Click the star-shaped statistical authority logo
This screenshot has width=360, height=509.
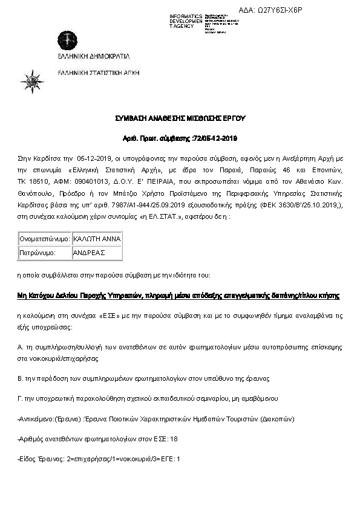click(31, 81)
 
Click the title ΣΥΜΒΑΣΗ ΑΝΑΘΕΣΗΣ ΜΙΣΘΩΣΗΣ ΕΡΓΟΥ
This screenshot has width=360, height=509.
click(180, 117)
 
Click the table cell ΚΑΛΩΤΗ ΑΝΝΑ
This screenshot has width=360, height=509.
click(97, 239)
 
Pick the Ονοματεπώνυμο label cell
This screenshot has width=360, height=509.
click(45, 239)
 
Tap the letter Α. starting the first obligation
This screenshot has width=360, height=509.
click(21, 347)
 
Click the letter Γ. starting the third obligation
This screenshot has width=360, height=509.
click(21, 398)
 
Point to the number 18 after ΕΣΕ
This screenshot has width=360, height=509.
click(174, 439)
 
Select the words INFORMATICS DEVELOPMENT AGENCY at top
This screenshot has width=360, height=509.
click(186, 21)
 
